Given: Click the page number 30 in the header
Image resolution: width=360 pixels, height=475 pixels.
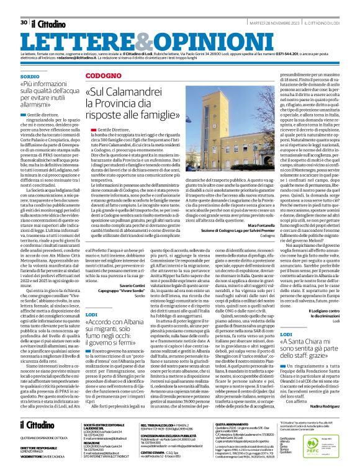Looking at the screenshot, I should pos(24,6).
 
